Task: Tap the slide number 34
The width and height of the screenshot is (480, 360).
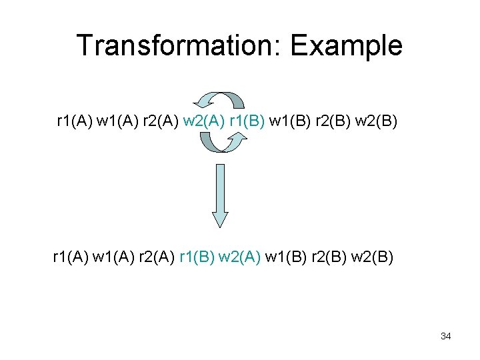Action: click(x=445, y=336)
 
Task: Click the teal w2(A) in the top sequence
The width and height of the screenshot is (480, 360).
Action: click(x=203, y=122)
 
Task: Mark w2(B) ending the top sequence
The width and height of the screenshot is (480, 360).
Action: click(x=376, y=122)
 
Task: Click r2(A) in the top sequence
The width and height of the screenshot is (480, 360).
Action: click(x=159, y=122)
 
